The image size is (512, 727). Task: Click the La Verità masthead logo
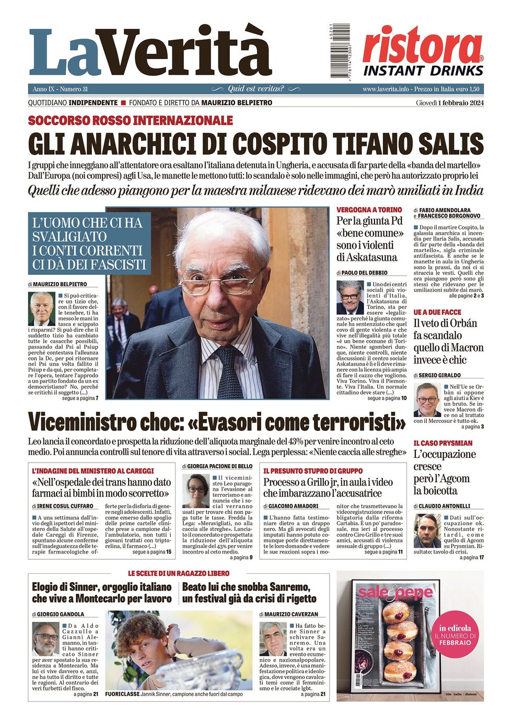coord(150,52)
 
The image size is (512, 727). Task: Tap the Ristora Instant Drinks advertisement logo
coord(423,52)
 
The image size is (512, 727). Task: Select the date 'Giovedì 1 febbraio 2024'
coord(450,102)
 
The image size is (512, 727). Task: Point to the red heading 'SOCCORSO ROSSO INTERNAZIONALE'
coord(130,121)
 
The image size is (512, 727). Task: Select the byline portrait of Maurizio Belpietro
coord(42,308)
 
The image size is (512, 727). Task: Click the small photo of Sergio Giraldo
coord(427,399)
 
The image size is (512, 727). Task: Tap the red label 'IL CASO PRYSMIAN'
coord(443,443)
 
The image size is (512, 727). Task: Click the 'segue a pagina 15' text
coord(152,552)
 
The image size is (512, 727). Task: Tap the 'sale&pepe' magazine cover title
coord(395,593)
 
